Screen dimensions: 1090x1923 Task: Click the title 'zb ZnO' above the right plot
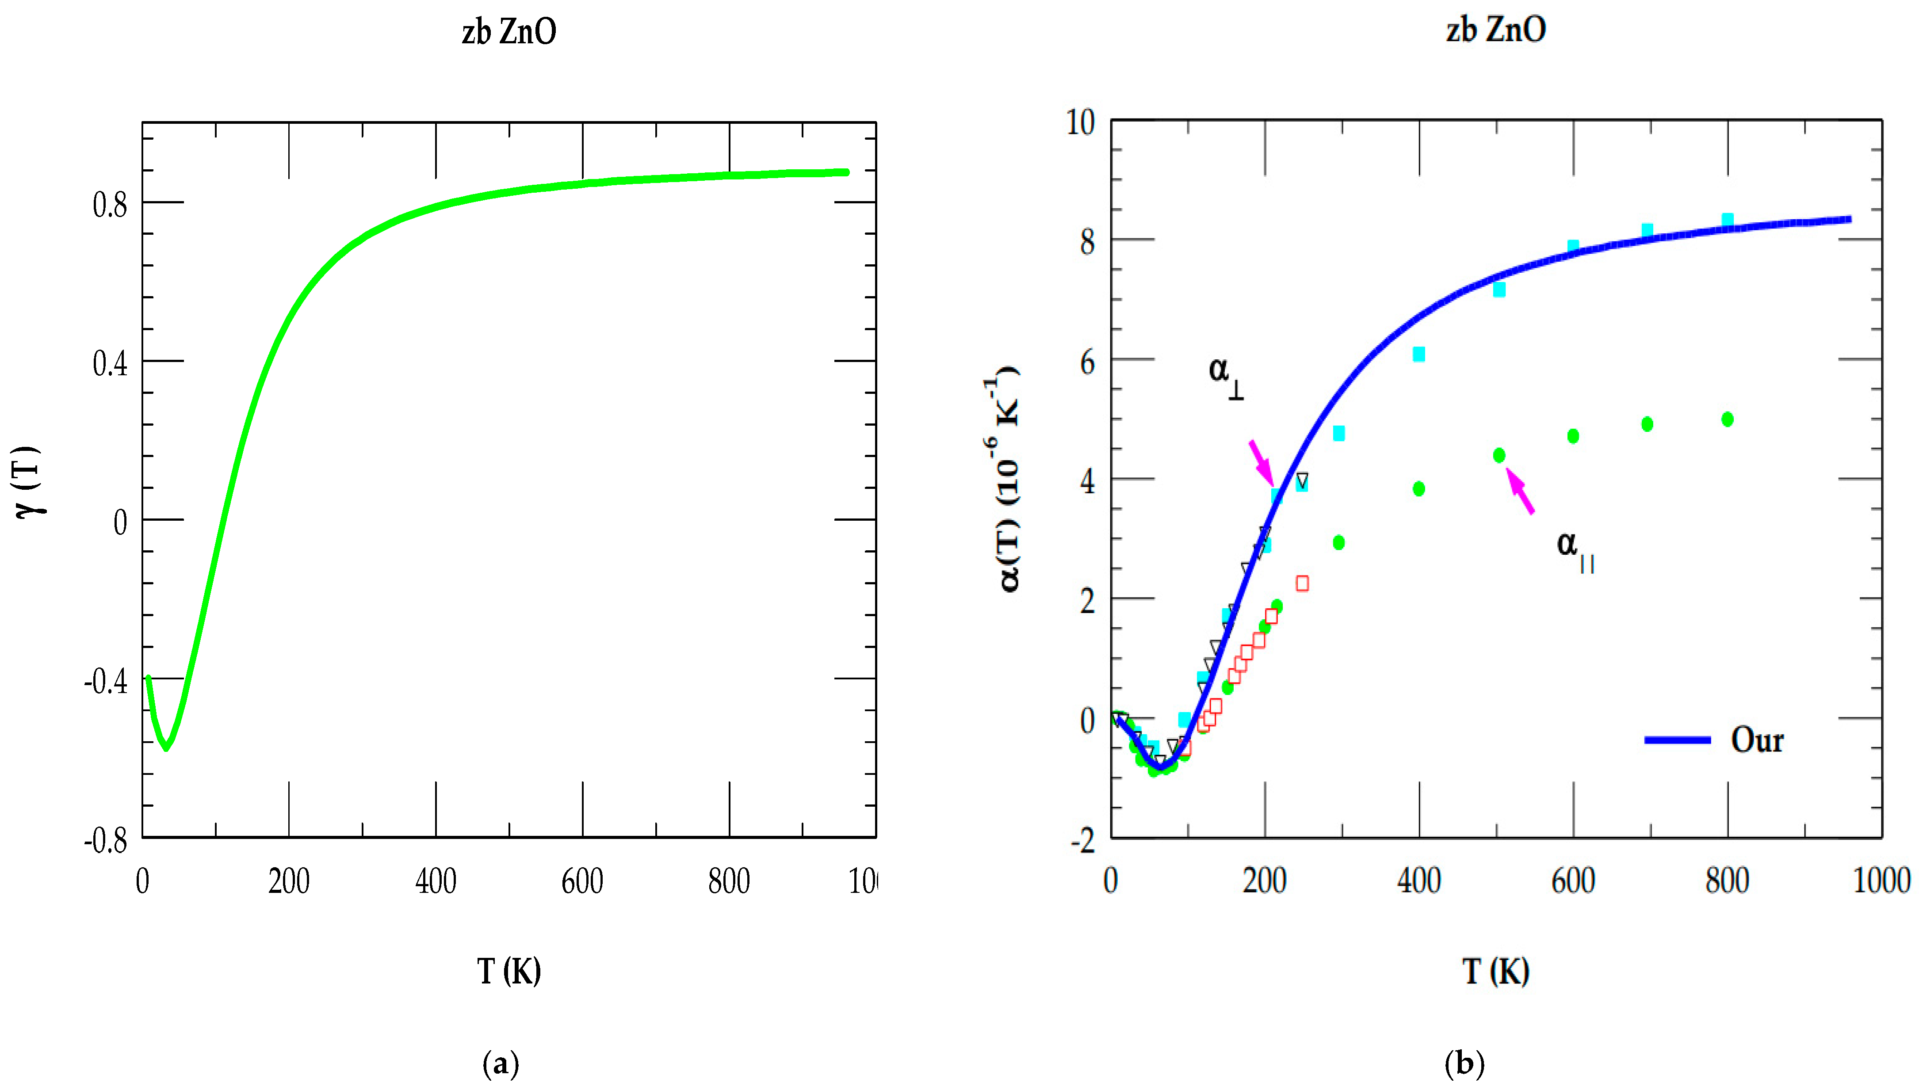tap(1495, 30)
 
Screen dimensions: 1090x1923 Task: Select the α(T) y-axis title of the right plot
tap(1003, 479)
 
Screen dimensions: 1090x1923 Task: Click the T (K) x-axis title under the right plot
tap(1495, 971)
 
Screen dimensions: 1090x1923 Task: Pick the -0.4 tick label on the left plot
tap(106, 681)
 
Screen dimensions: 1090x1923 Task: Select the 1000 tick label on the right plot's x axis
tap(1881, 880)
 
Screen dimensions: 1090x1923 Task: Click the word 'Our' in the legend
tap(1757, 739)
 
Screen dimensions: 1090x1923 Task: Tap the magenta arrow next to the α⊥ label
tap(1261, 462)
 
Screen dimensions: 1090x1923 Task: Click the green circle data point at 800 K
tap(1727, 419)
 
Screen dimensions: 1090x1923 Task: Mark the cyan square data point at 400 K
tap(1418, 354)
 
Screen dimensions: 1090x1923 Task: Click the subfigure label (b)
tap(1464, 1063)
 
